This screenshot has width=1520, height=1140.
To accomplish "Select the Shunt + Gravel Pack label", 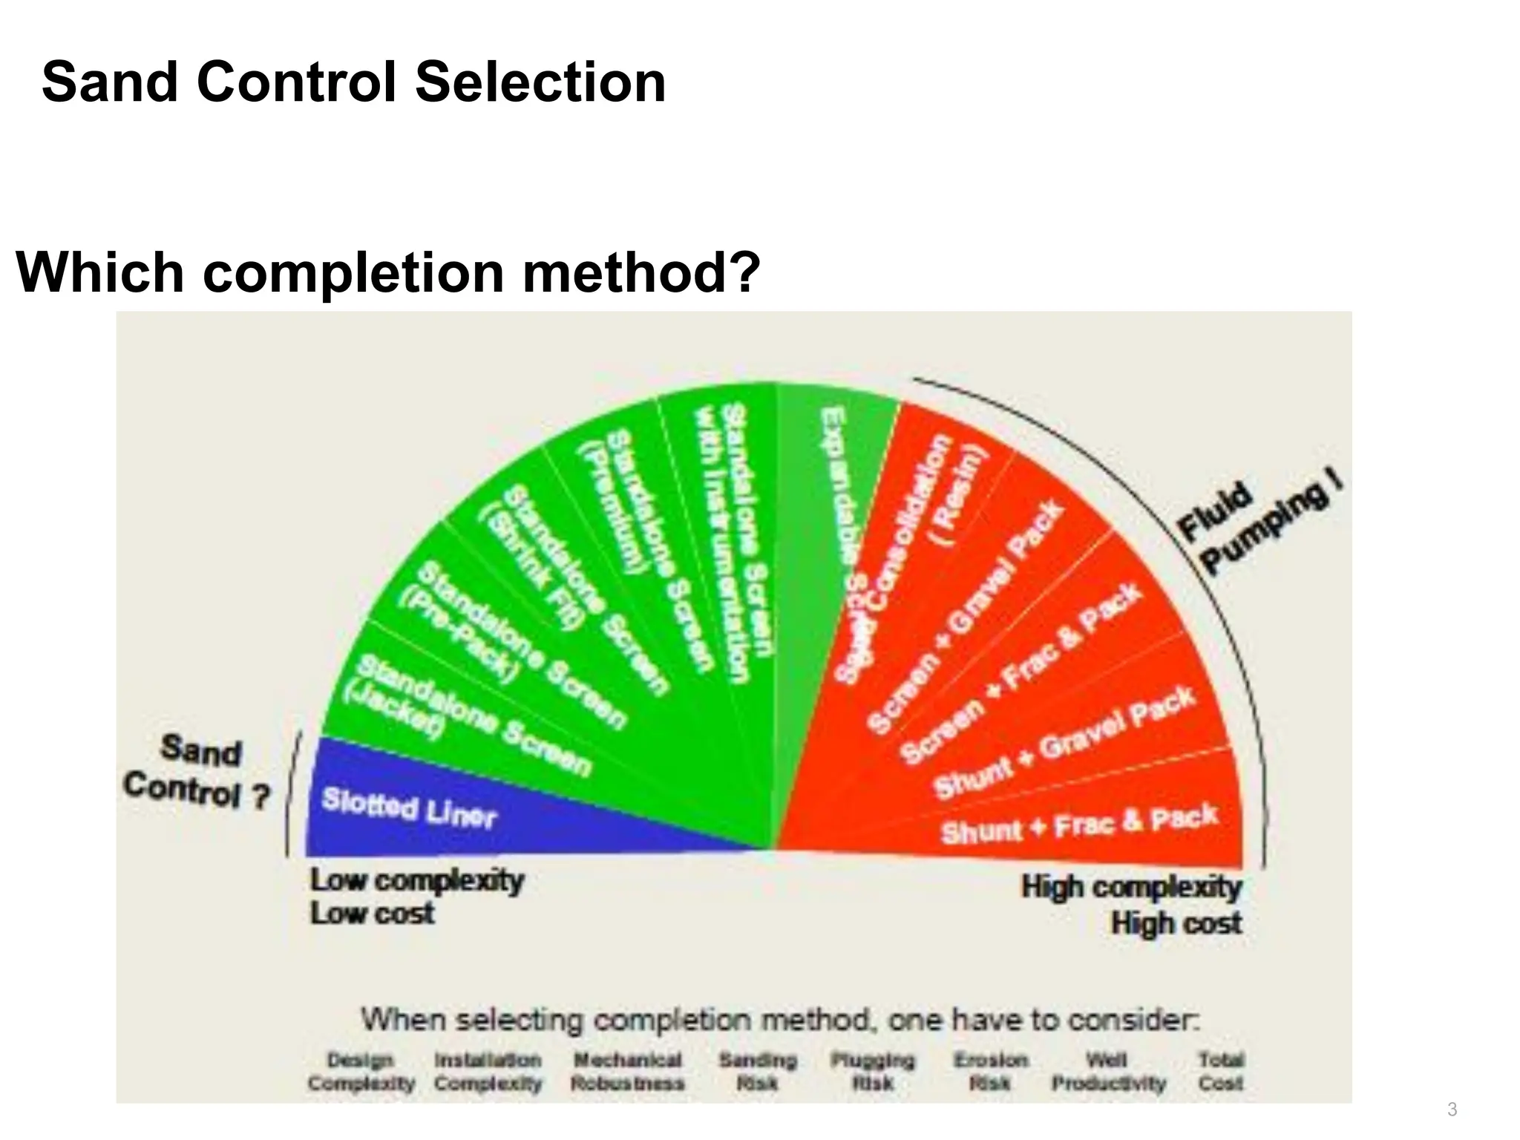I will [x=1064, y=742].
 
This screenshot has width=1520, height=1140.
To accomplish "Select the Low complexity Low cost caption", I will [x=416, y=896].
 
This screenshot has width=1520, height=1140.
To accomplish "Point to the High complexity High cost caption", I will [x=1133, y=904].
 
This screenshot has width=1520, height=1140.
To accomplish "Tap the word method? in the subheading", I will [x=641, y=272].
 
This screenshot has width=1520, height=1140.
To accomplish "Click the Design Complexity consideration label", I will [x=361, y=1071].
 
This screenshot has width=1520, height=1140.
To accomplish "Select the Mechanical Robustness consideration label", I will [x=627, y=1071].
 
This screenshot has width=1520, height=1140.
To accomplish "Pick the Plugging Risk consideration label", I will [x=873, y=1071].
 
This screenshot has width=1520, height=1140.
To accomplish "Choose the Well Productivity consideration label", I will [x=1108, y=1071].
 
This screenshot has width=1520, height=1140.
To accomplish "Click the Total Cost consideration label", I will [x=1221, y=1071].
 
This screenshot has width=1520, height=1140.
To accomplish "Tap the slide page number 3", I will [x=1452, y=1109].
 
